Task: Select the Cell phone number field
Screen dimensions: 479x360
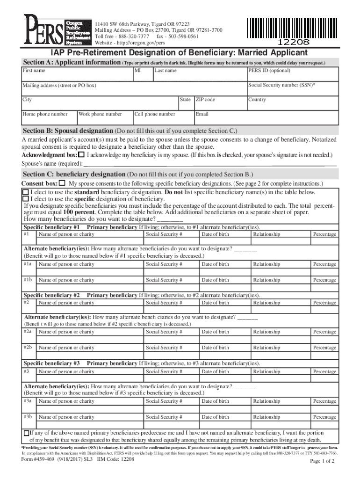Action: tap(163, 118)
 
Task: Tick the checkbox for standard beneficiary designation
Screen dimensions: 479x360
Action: tap(26, 192)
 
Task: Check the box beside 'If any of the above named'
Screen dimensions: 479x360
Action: tap(26, 434)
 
